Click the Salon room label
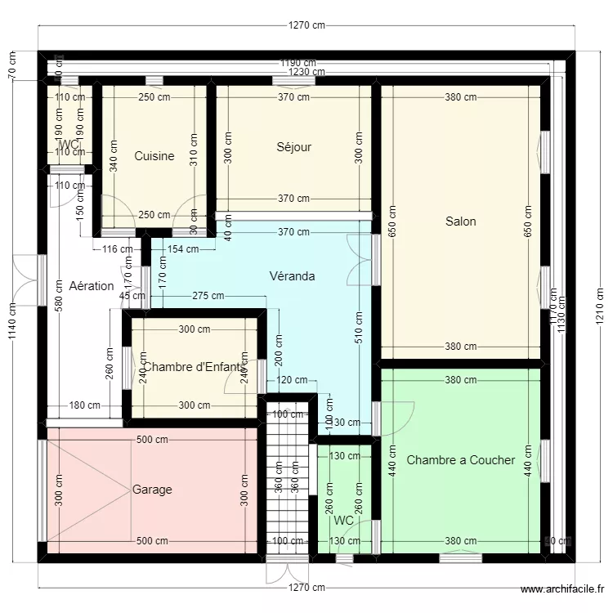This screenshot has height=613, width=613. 460,221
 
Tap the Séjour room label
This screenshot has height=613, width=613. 293,147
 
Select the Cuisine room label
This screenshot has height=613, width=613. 154,156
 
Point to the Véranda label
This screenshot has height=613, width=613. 292,275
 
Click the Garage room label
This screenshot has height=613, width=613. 152,490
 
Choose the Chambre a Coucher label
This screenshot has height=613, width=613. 460,460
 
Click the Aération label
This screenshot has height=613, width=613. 92,286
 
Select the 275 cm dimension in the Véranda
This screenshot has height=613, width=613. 208,296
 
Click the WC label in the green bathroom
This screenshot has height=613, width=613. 343,520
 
